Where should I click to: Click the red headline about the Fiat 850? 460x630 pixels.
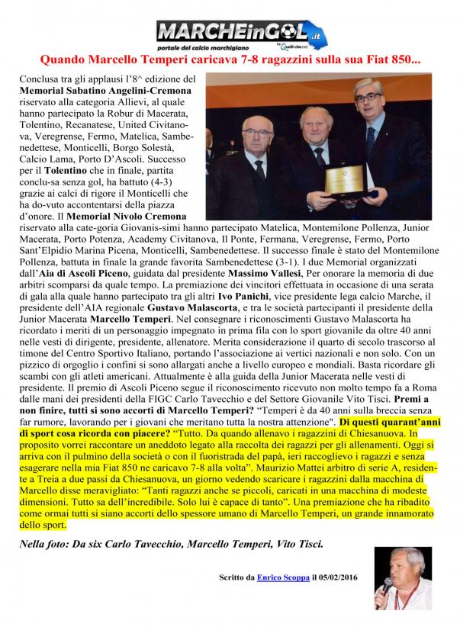click(x=230, y=58)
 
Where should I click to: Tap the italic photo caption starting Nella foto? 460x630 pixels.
click(x=171, y=543)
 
